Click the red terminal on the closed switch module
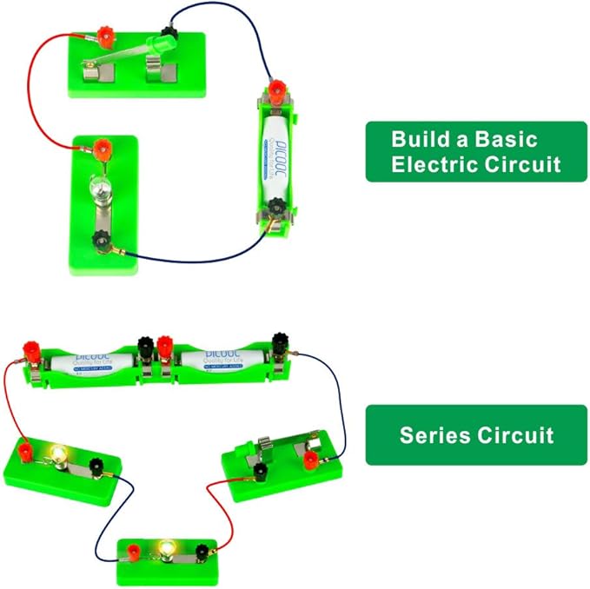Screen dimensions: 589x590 point(310,459)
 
